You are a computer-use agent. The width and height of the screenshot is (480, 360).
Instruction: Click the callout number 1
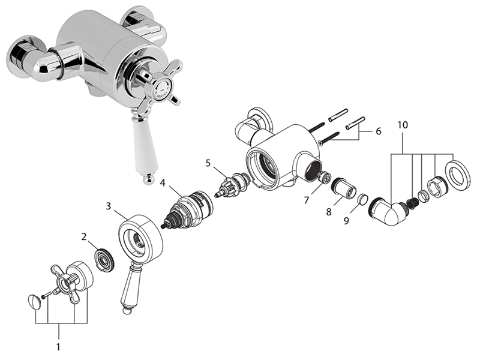point(59,346)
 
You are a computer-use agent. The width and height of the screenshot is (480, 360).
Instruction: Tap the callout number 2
point(85,236)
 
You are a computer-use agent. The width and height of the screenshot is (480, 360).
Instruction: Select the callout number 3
point(109,206)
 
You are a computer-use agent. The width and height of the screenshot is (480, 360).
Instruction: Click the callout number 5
point(208,162)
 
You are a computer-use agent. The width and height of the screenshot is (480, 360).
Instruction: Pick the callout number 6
point(378,131)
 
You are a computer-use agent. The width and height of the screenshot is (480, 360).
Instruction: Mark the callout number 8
point(328,212)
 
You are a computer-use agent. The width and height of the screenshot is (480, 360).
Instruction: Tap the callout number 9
point(347,221)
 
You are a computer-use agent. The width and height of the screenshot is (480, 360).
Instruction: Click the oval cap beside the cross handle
point(35,298)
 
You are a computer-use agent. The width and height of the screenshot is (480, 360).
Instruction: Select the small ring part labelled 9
point(363,199)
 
